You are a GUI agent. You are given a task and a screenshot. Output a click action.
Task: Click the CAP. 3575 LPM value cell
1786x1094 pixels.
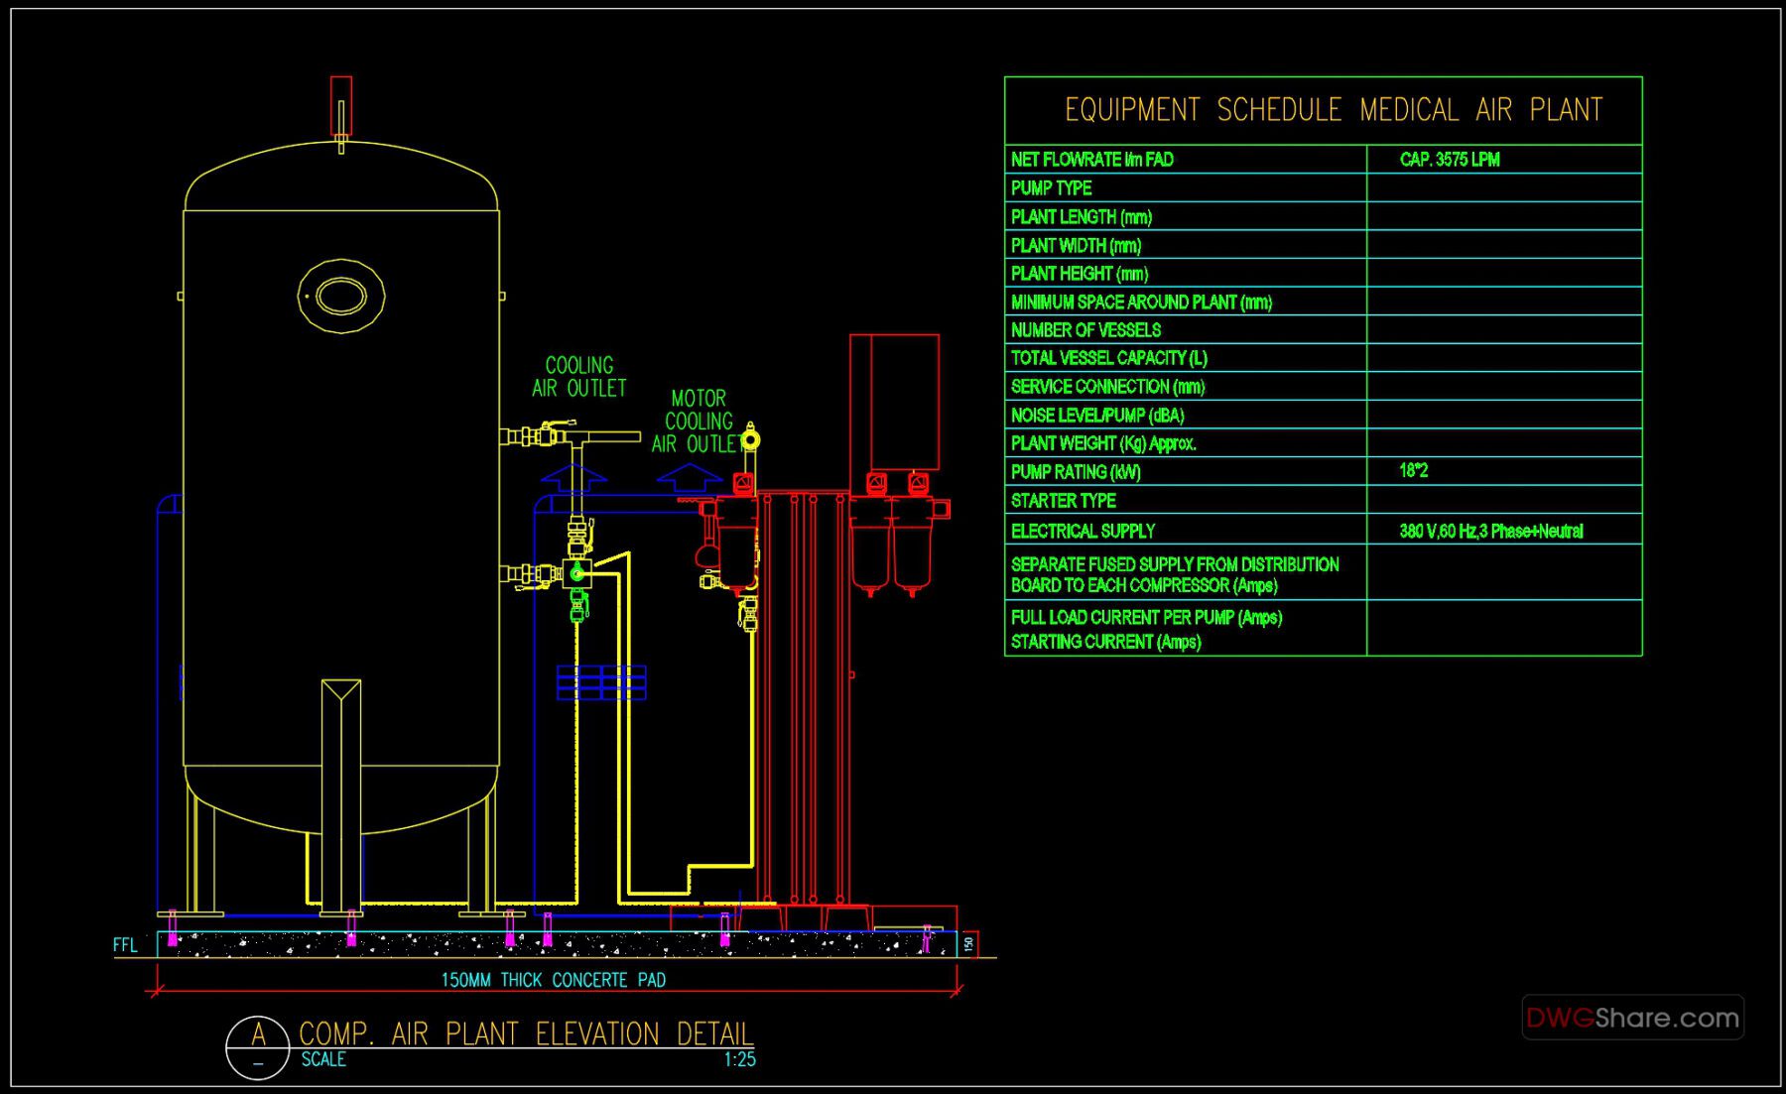click(1449, 160)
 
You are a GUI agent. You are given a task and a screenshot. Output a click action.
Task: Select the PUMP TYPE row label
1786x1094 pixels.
click(1051, 188)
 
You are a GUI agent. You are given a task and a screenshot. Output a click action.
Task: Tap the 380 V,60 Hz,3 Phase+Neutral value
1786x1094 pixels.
click(1490, 531)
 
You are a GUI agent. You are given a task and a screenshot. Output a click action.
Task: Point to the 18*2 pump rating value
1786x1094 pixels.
click(1413, 471)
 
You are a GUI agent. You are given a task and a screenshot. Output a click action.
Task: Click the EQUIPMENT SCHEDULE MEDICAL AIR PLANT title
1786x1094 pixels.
click(1333, 110)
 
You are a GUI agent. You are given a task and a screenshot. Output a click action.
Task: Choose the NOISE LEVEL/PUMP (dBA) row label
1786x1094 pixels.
click(1096, 416)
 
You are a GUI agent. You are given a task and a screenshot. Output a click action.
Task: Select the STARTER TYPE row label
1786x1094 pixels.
click(1063, 501)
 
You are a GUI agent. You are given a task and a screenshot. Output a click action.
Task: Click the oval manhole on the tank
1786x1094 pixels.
click(340, 296)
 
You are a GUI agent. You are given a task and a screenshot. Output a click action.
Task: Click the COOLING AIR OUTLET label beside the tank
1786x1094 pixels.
click(579, 377)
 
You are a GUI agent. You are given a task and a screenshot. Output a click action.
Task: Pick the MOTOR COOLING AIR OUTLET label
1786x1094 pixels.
click(698, 422)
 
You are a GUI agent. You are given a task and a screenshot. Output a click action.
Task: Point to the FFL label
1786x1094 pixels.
click(125, 945)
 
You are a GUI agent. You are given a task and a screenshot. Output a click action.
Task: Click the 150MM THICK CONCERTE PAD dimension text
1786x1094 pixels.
click(553, 980)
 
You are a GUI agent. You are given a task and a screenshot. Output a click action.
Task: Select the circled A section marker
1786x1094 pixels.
click(258, 1046)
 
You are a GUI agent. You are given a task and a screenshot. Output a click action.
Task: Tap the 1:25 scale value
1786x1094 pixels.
click(739, 1059)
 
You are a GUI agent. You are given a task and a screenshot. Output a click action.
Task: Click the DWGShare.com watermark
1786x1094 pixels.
click(1632, 1018)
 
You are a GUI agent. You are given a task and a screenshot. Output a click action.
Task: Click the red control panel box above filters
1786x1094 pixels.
click(894, 402)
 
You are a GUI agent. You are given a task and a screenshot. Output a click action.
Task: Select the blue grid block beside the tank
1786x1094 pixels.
click(601, 682)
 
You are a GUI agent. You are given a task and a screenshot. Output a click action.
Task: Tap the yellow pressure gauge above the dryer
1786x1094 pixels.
click(751, 438)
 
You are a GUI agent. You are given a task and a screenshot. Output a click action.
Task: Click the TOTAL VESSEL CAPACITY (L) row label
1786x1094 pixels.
click(1108, 358)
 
